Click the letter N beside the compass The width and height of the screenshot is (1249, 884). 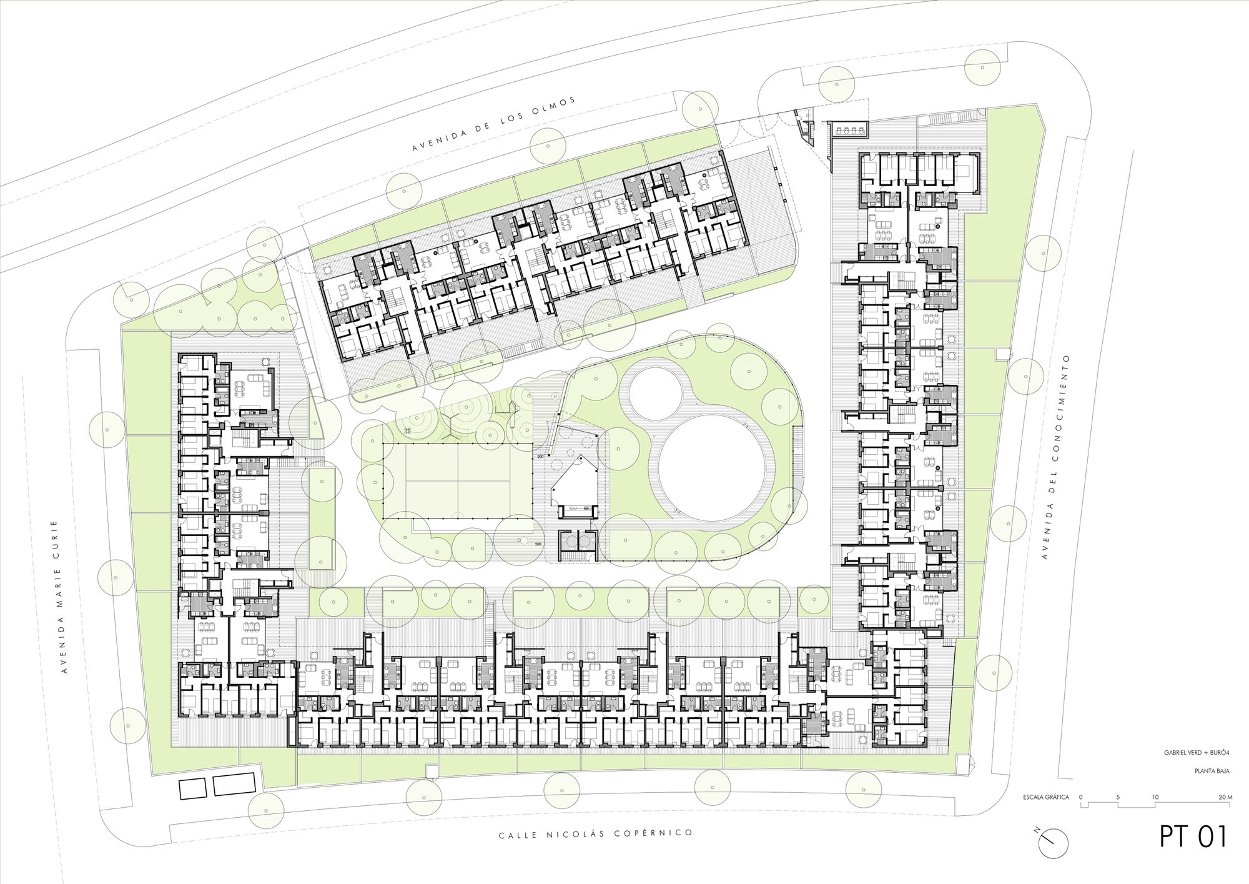1037,848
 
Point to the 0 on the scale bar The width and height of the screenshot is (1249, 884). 1080,798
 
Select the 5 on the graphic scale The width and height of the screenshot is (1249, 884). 1118,798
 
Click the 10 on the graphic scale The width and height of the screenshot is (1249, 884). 1155,798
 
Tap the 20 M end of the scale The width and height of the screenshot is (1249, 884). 1225,798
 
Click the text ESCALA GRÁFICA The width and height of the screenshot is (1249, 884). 1045,798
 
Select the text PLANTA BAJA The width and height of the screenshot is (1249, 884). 1213,771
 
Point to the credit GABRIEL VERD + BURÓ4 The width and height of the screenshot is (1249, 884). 1197,753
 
